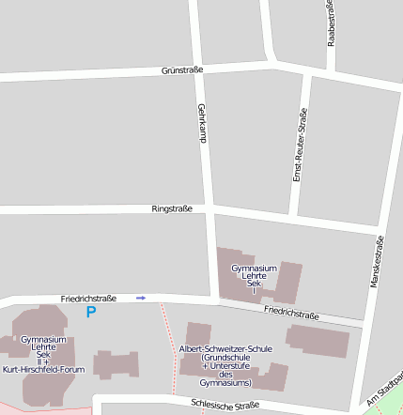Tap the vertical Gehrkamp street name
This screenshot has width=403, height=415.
pyautogui.click(x=201, y=123)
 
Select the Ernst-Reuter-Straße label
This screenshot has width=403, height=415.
pyautogui.click(x=301, y=146)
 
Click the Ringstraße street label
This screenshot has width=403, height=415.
pyautogui.click(x=171, y=208)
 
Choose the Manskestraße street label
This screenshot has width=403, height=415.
pyautogui.click(x=378, y=262)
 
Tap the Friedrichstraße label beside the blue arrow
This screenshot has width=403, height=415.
pyautogui.click(x=88, y=298)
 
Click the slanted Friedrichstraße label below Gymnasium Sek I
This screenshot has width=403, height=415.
pyautogui.click(x=291, y=313)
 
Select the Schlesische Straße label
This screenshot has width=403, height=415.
pyautogui.click(x=225, y=405)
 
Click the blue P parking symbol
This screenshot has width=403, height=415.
pyautogui.click(x=91, y=312)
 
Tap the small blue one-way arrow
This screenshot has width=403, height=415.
pyautogui.click(x=141, y=298)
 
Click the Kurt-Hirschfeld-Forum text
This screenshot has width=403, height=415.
pyautogui.click(x=43, y=369)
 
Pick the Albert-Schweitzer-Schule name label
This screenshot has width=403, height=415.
pyautogui.click(x=225, y=348)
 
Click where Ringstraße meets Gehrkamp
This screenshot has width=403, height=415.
pyautogui.click(x=209, y=207)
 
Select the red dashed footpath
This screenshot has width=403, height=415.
pyautogui.click(x=169, y=347)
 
